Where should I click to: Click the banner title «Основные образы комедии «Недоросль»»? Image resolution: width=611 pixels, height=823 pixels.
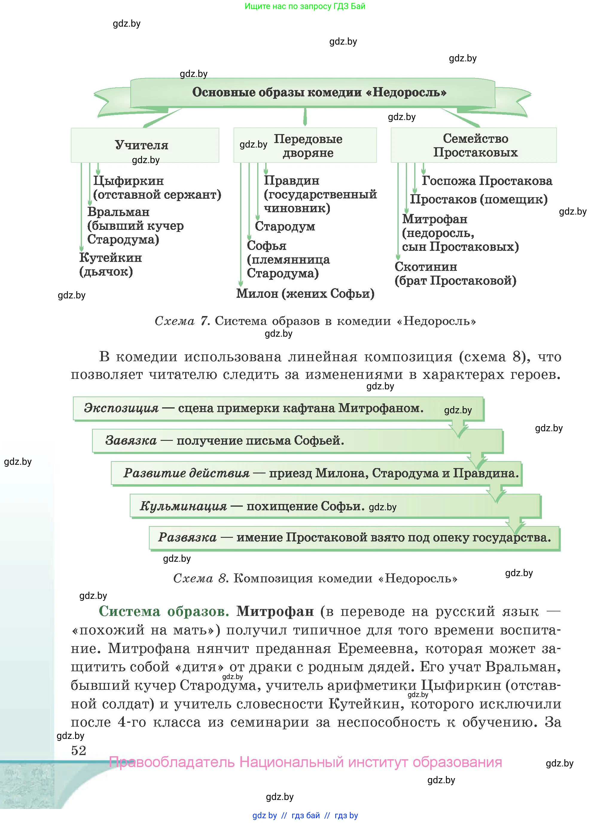click(319, 92)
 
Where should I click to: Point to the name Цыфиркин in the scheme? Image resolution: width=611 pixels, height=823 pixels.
click(128, 181)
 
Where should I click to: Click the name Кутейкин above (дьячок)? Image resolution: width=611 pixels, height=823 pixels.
click(111, 258)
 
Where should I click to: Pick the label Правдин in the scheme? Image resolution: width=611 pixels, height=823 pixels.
click(292, 180)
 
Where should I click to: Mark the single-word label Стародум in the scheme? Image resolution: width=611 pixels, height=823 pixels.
click(285, 227)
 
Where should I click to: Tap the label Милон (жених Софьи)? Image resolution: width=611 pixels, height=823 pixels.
click(305, 294)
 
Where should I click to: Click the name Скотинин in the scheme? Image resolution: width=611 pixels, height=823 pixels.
click(426, 267)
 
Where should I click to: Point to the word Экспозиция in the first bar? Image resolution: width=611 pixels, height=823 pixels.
click(121, 408)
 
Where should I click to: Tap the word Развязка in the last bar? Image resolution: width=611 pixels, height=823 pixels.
click(187, 537)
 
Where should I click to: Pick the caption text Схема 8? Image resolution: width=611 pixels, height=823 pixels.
click(200, 578)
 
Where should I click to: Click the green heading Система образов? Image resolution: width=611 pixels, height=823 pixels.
click(164, 611)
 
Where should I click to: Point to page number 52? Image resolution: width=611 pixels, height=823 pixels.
click(78, 751)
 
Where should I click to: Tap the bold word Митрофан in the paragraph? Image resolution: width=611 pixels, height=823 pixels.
click(275, 611)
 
